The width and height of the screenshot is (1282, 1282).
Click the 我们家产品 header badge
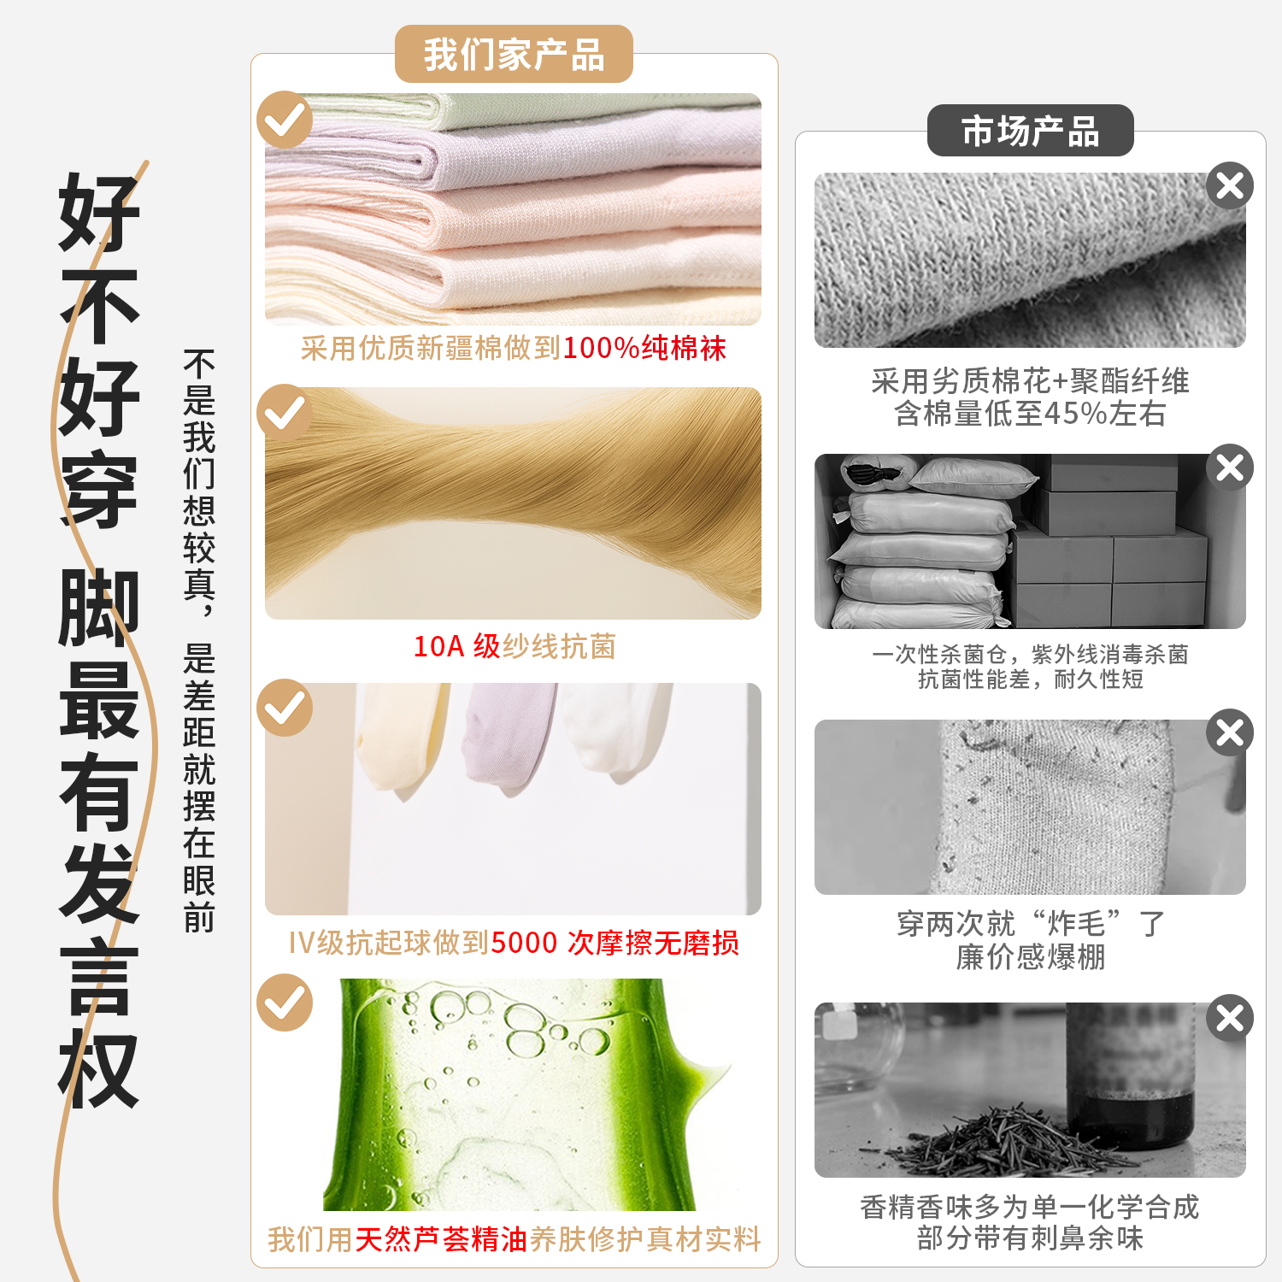pos(514,54)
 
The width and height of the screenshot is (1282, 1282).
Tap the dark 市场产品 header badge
pos(1030,131)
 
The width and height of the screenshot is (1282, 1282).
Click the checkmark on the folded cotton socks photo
pos(285,120)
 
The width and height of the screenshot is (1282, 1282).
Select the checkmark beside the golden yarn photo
pos(285,413)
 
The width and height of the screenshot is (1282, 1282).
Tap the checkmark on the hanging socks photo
pos(285,708)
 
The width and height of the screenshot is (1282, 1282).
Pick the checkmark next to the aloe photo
pos(285,1003)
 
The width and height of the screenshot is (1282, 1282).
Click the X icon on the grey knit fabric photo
pos(1230,185)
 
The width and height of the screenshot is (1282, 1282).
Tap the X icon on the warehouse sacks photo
pos(1230,468)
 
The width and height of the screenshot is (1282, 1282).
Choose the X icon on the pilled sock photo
pos(1230,732)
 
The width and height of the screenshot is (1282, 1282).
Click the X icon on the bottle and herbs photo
pos(1230,1018)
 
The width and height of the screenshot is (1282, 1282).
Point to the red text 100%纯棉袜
pos(644,348)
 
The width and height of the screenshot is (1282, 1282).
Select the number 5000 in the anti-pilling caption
pos(524,943)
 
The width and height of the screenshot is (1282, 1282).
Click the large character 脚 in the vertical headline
pos(98,607)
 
